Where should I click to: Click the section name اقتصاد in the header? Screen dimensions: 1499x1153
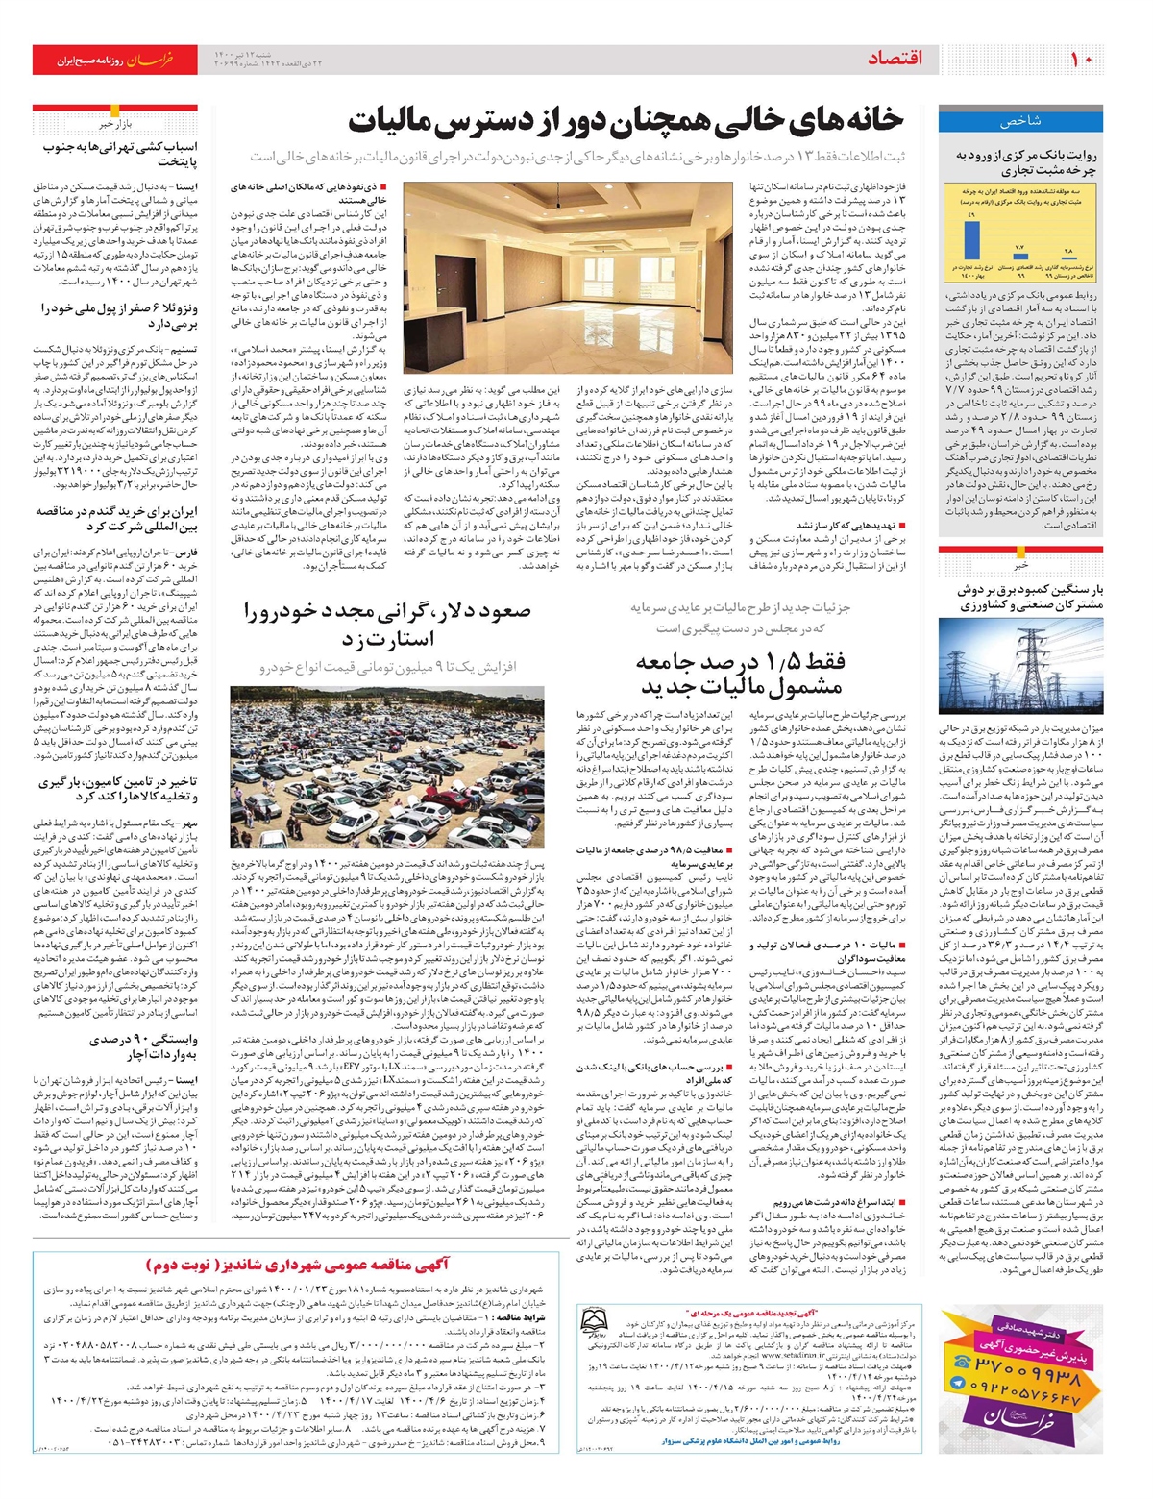(894, 60)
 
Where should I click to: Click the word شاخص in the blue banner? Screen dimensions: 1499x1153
(1020, 122)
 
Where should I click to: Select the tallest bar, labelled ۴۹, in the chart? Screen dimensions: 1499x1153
(972, 240)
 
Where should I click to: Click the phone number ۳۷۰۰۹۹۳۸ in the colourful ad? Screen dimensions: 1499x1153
(1027, 1379)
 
